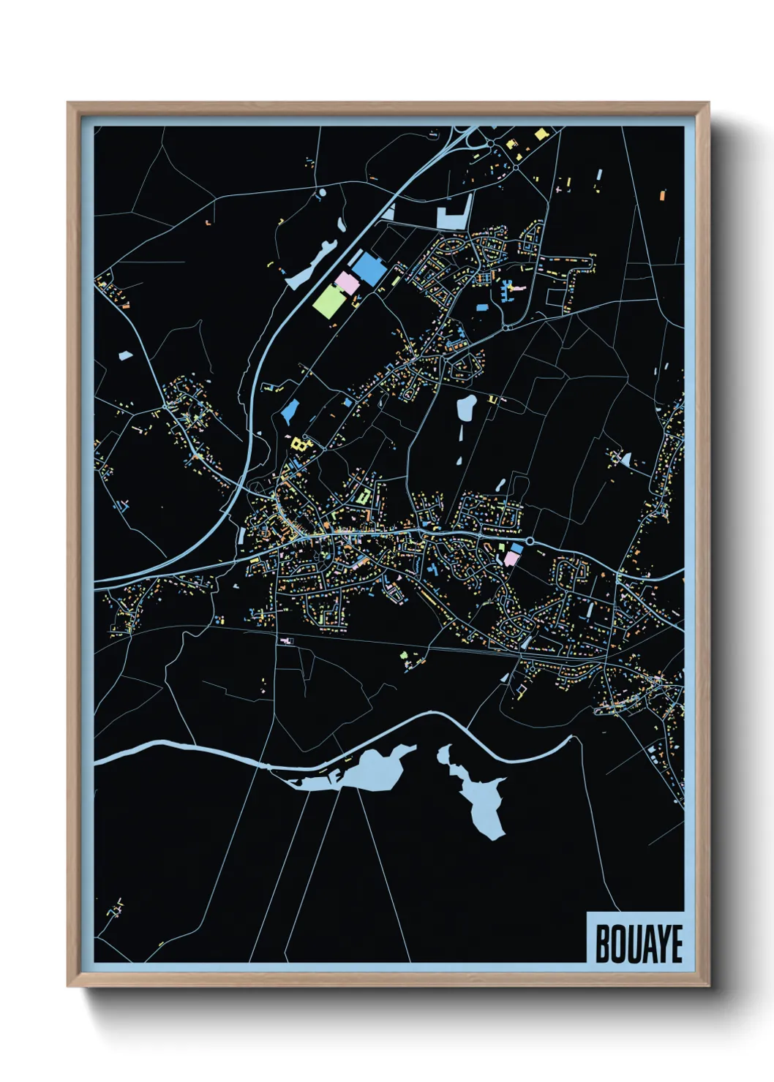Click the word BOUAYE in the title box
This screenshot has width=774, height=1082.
click(638, 944)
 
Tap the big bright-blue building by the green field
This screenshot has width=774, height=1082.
click(368, 269)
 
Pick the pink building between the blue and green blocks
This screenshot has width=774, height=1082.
click(347, 282)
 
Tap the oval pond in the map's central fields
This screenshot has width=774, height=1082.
click(466, 407)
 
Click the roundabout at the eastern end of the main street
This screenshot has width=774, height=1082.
click(529, 542)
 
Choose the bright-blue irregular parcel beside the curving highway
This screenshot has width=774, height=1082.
click(290, 412)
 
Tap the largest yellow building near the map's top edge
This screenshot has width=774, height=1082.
click(541, 134)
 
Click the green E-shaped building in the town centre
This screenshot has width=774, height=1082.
click(364, 497)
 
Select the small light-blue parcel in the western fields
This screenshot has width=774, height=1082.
click(125, 356)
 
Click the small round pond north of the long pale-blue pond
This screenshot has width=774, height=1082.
click(322, 193)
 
